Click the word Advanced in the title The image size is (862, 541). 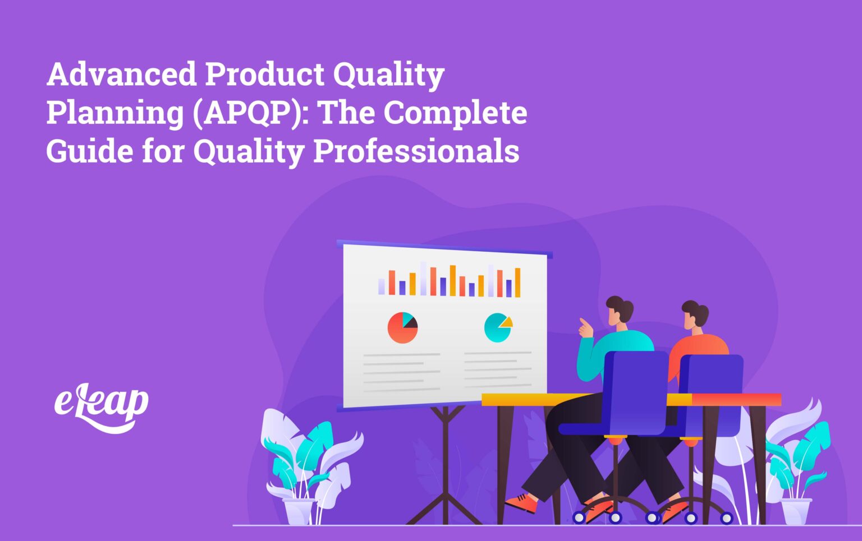121,75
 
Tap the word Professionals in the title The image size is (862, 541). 416,151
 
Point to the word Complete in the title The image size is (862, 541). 455,113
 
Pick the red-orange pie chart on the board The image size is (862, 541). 402,328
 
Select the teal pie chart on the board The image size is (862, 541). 497,328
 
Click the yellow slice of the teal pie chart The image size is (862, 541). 507,322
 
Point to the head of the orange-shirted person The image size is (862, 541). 695,315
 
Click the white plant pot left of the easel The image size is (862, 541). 298,511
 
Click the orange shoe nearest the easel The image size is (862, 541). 521,502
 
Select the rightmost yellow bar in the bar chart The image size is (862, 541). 517,283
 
